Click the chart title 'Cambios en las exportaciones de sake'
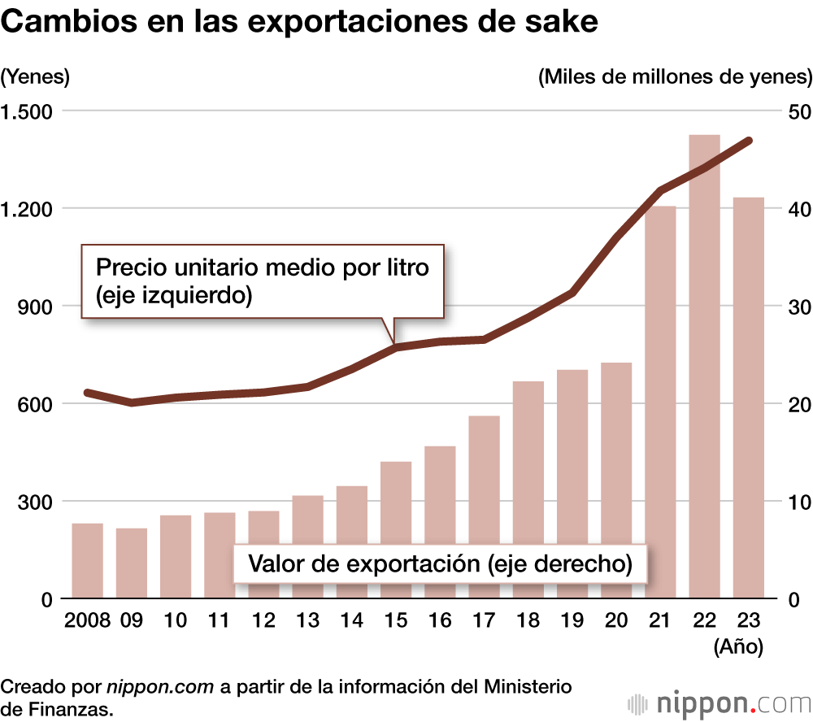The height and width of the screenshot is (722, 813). click(300, 22)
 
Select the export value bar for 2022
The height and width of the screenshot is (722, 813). click(704, 366)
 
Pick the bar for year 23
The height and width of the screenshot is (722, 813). click(748, 398)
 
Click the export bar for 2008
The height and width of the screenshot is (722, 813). click(87, 561)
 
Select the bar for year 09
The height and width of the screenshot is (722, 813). click(131, 563)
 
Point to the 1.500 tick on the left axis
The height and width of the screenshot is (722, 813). click(29, 111)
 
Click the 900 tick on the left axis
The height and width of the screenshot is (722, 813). click(37, 307)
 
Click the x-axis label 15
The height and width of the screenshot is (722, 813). click(395, 620)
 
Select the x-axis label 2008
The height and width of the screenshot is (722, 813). click(86, 620)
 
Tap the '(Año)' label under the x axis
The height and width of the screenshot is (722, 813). click(737, 647)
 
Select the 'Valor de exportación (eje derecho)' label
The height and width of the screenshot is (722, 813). click(441, 563)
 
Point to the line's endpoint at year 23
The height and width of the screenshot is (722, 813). click(749, 141)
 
